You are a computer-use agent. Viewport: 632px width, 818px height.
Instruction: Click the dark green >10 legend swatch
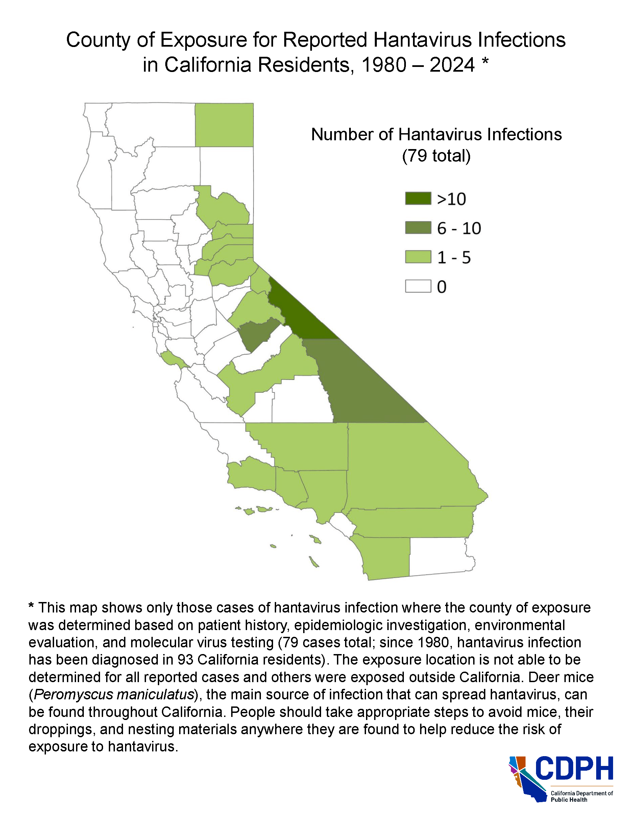418,198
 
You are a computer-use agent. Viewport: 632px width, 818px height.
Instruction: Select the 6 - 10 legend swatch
418,228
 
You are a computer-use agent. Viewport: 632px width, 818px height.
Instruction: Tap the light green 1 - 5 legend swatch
418,257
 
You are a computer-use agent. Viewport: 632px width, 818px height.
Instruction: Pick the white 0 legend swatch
418,286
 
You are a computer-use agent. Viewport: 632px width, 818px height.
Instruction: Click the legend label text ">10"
451,199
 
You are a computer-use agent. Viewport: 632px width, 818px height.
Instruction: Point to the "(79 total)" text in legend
436,156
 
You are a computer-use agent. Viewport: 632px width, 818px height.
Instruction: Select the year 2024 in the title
452,65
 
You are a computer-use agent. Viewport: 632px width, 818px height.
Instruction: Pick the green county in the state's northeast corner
224,125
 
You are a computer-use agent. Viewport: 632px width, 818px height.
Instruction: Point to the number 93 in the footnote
185,659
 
